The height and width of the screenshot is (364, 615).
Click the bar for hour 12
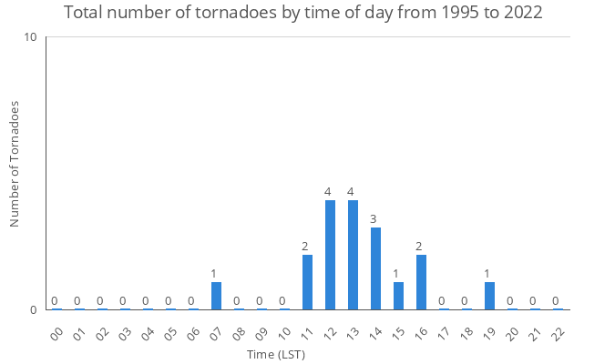[330, 255]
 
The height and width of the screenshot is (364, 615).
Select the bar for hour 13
[353, 255]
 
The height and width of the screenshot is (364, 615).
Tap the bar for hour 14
[375, 268]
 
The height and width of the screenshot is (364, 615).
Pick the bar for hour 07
[216, 296]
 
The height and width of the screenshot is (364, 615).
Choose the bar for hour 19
[489, 296]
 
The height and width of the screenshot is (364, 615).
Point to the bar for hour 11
[307, 282]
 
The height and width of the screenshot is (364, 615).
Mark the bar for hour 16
[421, 282]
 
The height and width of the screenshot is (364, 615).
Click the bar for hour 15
[398, 296]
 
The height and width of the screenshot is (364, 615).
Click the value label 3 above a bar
[374, 219]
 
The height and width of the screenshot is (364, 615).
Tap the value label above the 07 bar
[214, 274]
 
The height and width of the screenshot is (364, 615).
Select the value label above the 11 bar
[305, 247]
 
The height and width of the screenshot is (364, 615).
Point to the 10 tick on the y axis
[31, 37]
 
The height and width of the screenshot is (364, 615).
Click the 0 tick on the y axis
[34, 310]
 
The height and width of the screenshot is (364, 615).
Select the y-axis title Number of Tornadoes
[15, 164]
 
